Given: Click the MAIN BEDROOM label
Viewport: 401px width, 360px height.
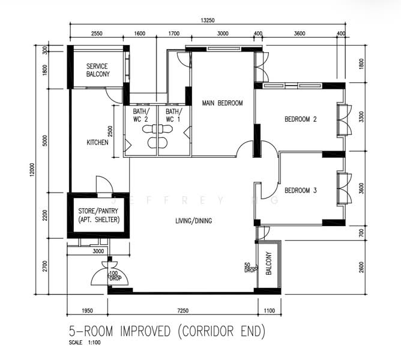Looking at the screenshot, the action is [222, 103].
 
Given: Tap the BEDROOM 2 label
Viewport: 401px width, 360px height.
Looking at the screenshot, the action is [301, 119].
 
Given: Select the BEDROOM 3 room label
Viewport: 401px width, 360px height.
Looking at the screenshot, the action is [301, 190].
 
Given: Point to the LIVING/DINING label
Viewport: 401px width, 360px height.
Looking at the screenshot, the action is [193, 221].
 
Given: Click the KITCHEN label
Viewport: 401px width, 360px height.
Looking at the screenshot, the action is [97, 142].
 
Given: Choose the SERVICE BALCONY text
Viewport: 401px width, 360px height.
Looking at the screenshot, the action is [98, 70].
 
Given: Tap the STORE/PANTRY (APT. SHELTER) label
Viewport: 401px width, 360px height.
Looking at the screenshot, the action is [98, 215].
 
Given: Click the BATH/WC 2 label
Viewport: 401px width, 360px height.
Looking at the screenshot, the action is [140, 115].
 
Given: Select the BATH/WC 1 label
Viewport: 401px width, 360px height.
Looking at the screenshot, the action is [174, 115].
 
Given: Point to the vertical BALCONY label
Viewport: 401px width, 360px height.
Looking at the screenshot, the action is [268, 263].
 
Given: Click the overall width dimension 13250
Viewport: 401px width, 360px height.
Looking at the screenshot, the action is [208, 20].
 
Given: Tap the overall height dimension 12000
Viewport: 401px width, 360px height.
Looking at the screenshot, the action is [32, 170].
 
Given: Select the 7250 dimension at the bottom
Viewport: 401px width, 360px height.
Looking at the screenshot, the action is [183, 311].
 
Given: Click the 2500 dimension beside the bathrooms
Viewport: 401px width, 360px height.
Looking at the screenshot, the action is [110, 131].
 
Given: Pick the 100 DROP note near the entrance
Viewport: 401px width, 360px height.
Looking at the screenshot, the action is [115, 276].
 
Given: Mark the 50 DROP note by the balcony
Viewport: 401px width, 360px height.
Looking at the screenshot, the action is [250, 268].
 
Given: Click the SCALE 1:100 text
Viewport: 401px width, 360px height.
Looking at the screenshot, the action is [85, 343].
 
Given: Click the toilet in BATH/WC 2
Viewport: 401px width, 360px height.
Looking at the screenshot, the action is [149, 129].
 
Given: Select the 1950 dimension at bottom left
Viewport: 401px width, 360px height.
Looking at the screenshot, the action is [87, 311].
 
